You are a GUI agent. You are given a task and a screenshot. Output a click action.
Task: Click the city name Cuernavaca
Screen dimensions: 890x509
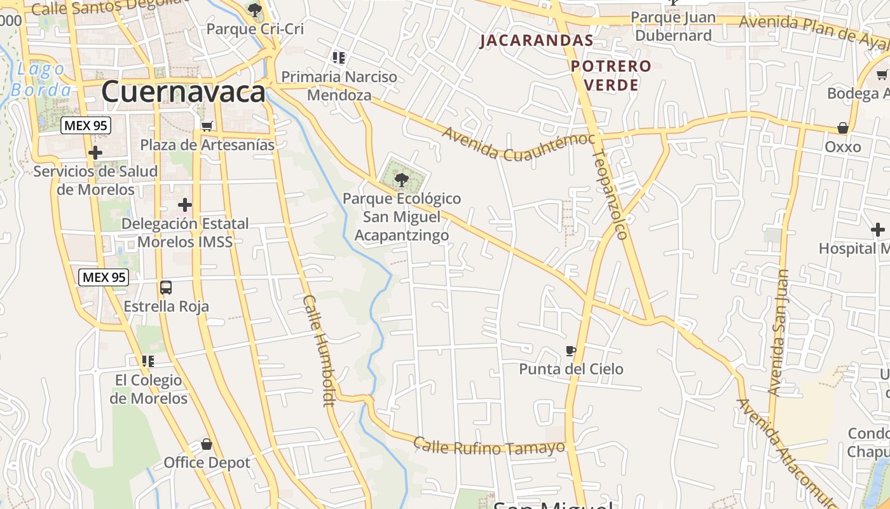pos(183,92)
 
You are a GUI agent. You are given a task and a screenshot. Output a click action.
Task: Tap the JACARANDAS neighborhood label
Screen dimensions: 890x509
pos(537,41)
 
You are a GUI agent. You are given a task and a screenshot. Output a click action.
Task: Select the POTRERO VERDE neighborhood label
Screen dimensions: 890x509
pos(611,75)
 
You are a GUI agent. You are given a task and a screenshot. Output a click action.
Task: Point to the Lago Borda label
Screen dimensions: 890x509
pos(41,79)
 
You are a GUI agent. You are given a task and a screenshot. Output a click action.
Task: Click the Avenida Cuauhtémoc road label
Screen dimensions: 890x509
pos(518,144)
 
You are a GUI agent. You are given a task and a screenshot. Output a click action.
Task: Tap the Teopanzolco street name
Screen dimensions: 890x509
pos(611,194)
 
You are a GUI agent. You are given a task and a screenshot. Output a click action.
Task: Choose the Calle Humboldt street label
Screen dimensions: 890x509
pos(318,350)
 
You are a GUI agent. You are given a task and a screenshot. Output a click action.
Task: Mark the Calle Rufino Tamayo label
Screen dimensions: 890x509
pos(489,446)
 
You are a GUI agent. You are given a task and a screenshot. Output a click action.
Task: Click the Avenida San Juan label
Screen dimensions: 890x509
pos(778,332)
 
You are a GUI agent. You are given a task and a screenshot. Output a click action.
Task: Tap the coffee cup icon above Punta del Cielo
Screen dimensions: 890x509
pos(571,351)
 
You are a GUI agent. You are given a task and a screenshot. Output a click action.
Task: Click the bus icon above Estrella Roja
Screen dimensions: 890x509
pos(166,288)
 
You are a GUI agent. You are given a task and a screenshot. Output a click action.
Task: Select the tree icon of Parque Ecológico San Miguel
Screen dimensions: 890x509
pos(401,180)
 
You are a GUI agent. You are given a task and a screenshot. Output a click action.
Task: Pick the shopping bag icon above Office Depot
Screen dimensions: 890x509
pos(206,444)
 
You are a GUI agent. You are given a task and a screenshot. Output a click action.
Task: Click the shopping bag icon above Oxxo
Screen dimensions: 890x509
pos(843,129)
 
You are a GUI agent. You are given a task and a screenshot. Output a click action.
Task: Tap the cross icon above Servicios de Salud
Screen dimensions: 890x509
pos(95,153)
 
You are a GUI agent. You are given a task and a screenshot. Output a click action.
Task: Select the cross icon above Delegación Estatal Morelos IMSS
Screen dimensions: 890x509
pos(185,205)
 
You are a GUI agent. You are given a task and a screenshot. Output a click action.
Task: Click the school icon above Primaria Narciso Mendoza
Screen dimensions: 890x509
pos(339,59)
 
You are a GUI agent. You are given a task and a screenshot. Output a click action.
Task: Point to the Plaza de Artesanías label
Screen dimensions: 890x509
pos(207,145)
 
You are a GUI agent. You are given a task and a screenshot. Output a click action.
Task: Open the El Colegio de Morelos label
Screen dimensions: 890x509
pos(148,389)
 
